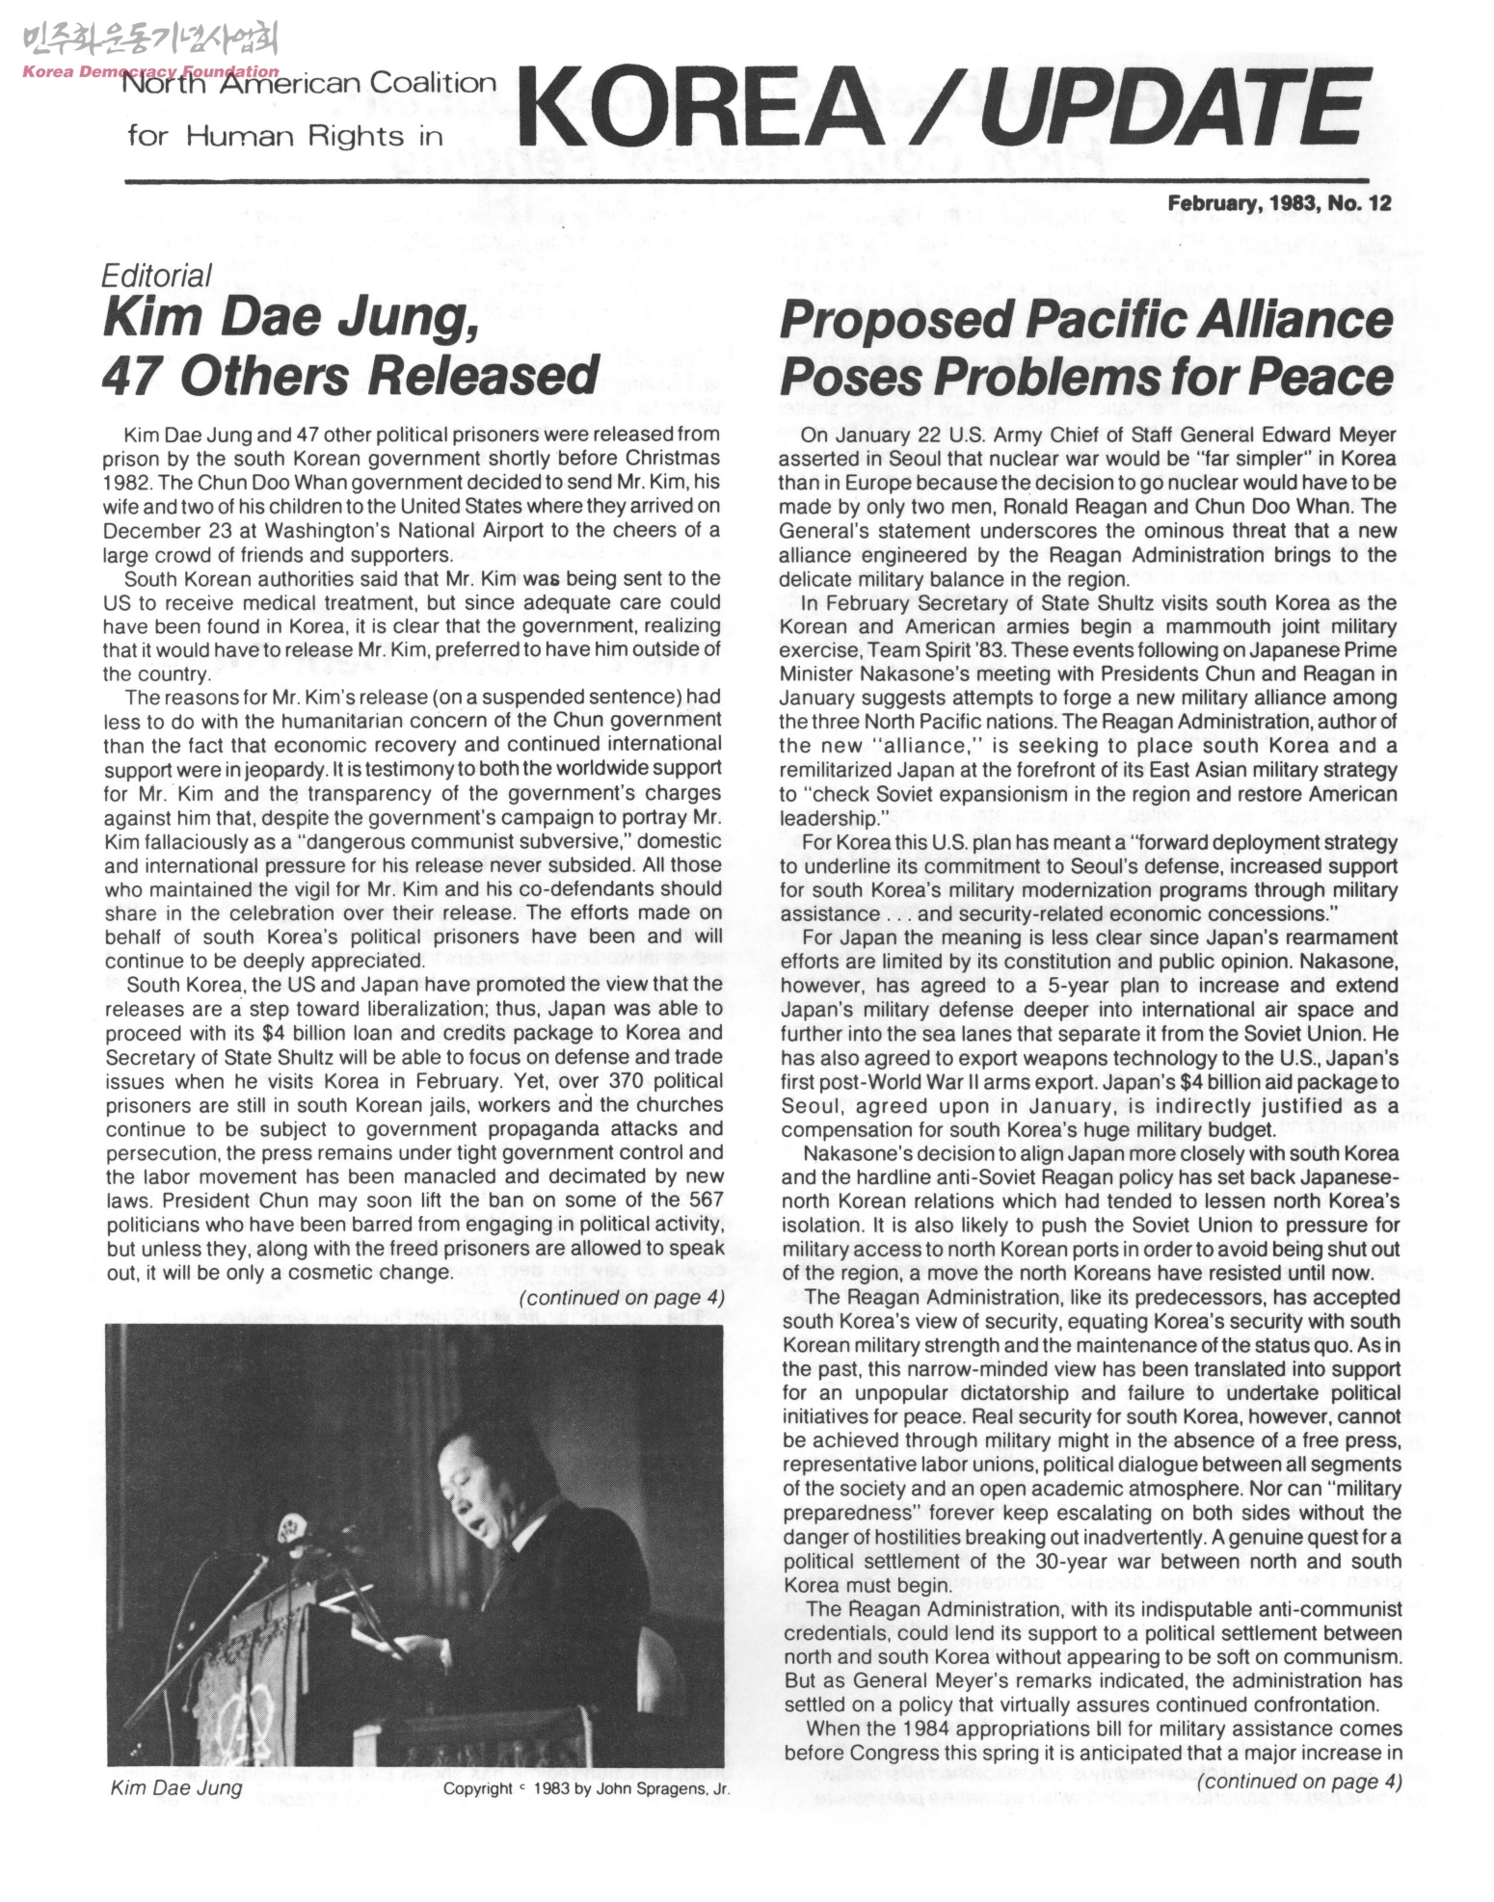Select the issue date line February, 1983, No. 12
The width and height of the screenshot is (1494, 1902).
tap(1280, 203)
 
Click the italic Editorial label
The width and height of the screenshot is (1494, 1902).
tap(156, 277)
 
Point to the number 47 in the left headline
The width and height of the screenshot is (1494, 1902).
tap(132, 375)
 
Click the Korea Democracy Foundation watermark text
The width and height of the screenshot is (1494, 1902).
tap(149, 71)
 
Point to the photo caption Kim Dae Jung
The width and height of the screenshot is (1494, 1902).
tap(177, 1789)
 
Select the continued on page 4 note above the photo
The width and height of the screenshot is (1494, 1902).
tap(622, 1298)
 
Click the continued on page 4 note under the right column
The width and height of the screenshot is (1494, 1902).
tap(1297, 1782)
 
